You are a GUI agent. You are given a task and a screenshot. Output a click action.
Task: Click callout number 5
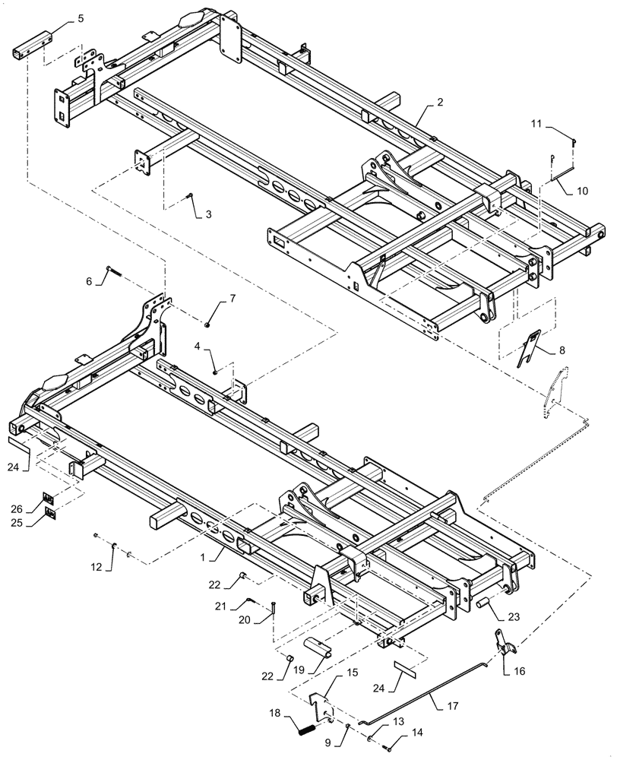click(81, 20)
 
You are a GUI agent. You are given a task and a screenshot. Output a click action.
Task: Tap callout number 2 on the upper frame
click(440, 101)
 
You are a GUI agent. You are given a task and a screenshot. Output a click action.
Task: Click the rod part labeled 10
click(562, 181)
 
